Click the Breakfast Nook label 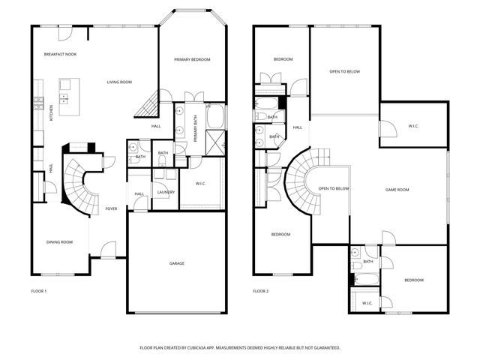60,55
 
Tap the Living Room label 119,82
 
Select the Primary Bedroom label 192,59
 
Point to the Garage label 176,263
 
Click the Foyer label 111,208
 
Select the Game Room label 397,190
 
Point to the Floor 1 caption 39,290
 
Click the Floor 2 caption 260,290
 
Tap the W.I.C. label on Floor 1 201,184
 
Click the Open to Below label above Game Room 345,72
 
